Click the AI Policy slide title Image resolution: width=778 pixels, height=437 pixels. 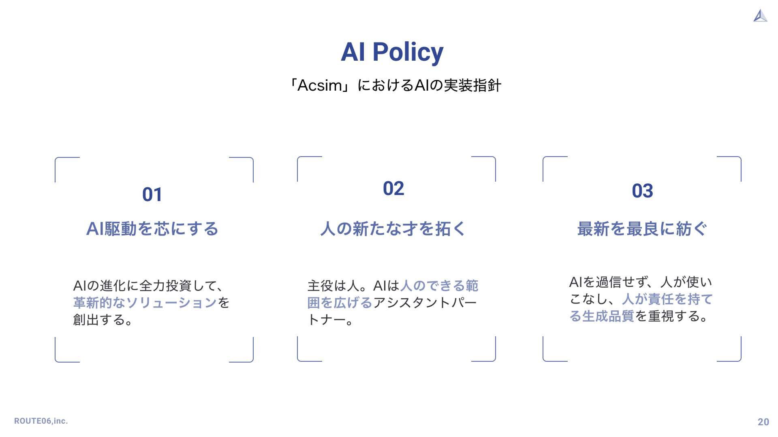[392, 52]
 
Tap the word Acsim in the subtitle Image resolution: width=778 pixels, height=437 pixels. [320, 86]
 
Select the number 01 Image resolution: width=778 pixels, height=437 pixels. [152, 195]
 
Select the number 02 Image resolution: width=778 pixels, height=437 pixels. [393, 189]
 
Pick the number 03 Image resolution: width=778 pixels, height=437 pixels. [642, 191]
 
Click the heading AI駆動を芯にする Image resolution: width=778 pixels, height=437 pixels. [152, 229]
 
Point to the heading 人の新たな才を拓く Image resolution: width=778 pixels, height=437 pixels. [393, 229]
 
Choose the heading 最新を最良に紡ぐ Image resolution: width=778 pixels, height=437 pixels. [642, 229]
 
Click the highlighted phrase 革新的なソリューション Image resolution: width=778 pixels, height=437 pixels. [145, 303]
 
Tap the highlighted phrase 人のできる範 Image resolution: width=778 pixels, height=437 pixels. [439, 286]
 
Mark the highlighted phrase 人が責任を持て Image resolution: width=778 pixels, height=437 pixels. [667, 299]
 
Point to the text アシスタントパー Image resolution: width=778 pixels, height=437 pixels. [425, 303]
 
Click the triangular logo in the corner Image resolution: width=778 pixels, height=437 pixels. [761, 16]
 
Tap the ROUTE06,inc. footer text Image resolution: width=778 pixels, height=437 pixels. [41, 421]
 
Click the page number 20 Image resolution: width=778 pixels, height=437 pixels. [763, 422]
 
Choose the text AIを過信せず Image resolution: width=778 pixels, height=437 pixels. [606, 282]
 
